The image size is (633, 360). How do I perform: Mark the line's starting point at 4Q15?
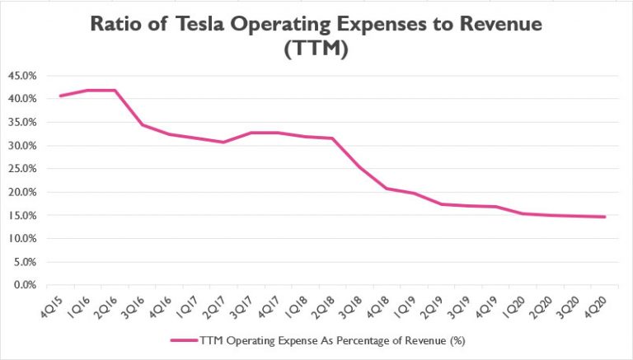click(x=60, y=96)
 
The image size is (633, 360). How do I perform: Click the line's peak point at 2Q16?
click(x=115, y=90)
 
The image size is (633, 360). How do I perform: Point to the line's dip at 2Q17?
click(x=223, y=142)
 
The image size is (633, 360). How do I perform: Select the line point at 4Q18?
click(x=386, y=189)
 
